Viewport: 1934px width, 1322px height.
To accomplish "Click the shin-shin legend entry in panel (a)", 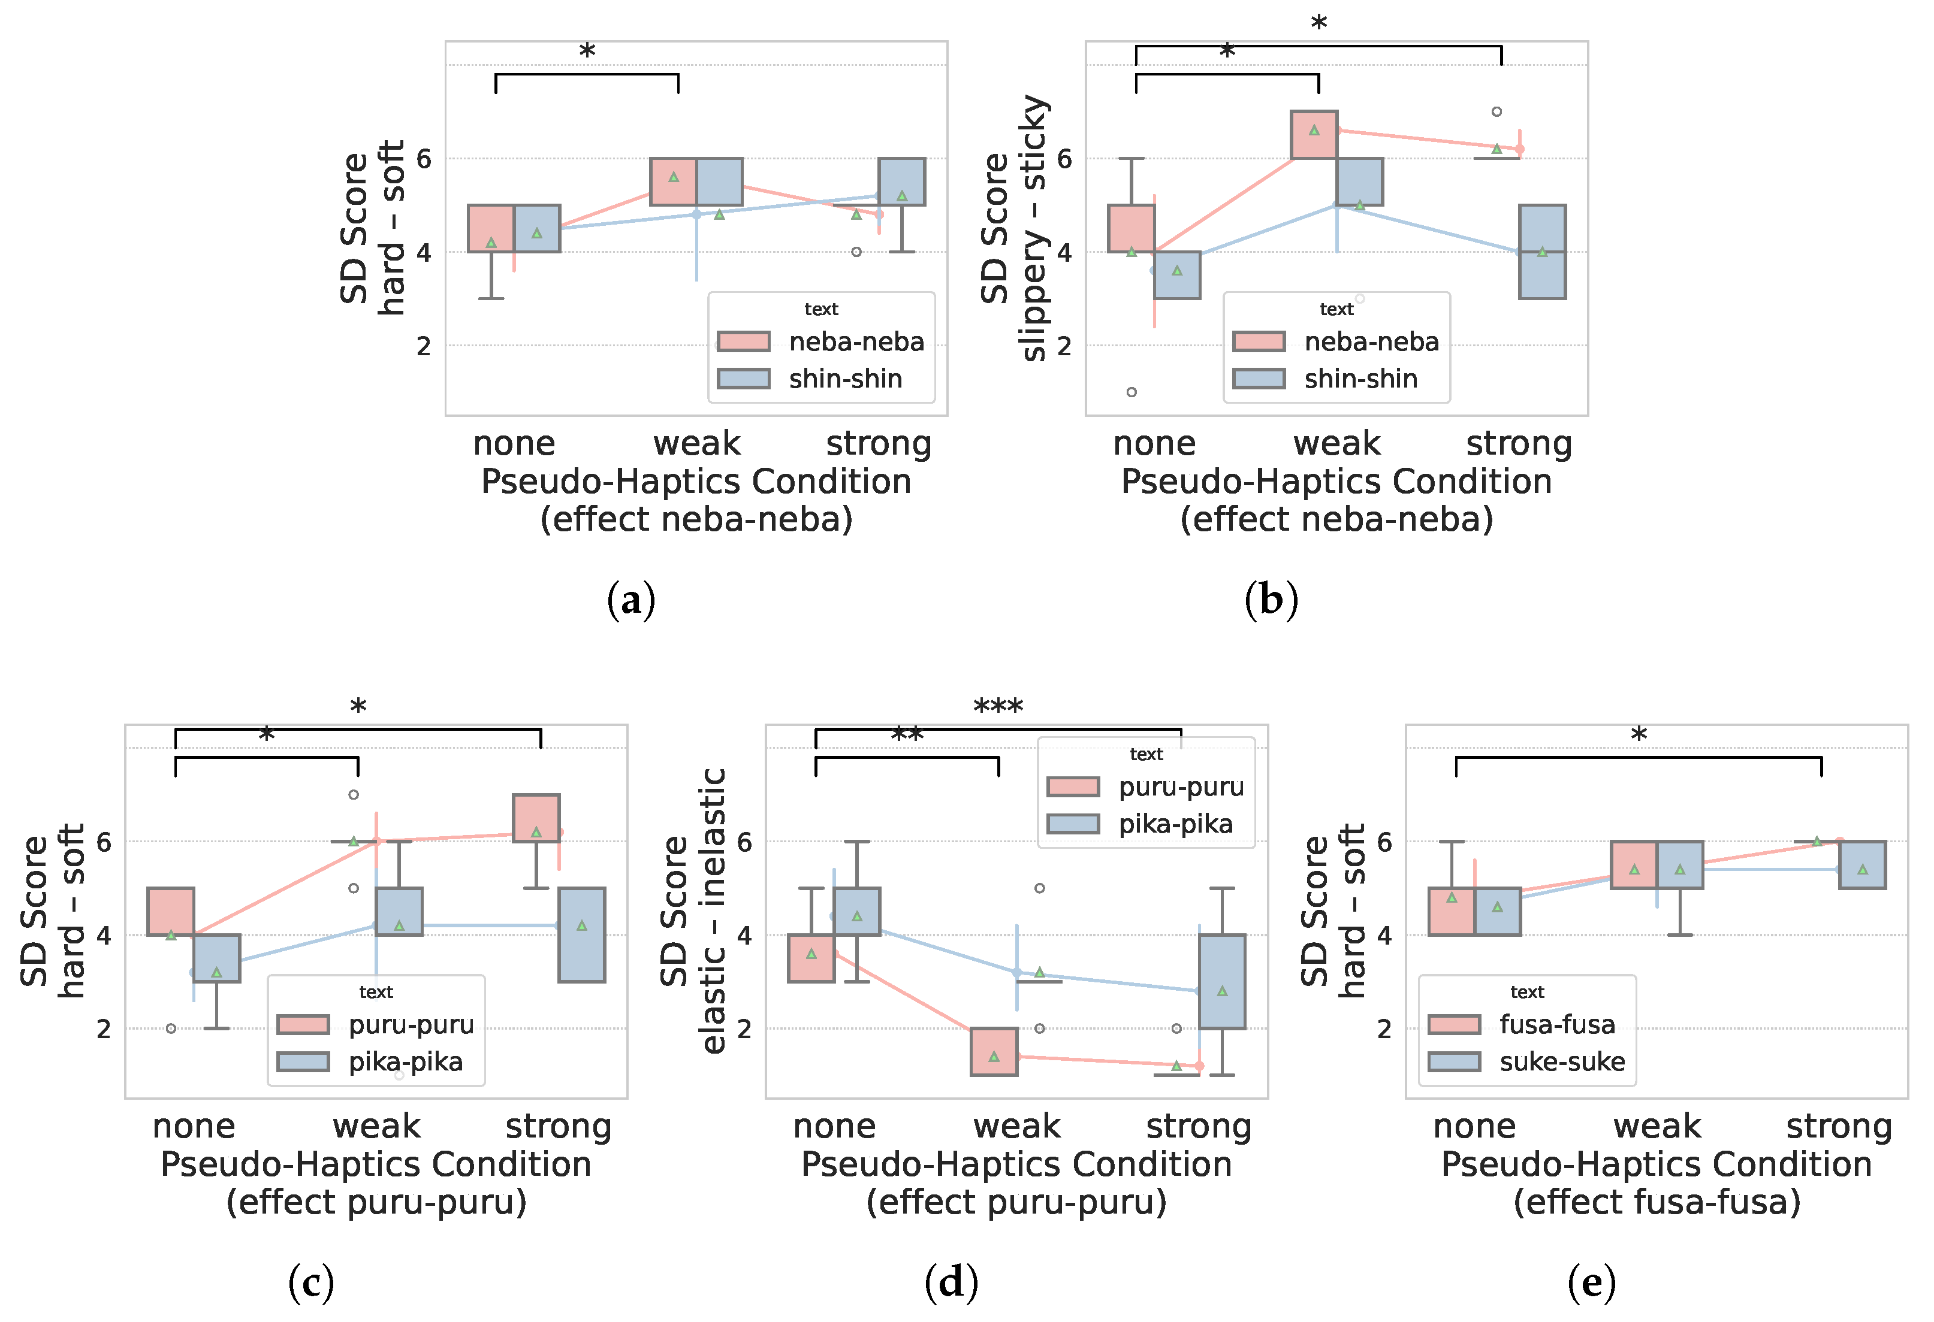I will [844, 379].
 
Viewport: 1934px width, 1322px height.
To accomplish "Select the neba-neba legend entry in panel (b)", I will [1371, 342].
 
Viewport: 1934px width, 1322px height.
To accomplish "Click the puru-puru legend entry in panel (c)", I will [411, 1025].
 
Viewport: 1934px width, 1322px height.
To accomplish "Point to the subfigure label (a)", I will [631, 600].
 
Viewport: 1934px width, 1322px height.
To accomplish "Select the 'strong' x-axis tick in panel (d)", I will [1199, 1127].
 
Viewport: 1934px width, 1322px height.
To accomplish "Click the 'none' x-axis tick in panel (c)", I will [194, 1127].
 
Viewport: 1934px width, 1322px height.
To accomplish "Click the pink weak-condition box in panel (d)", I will [994, 1052].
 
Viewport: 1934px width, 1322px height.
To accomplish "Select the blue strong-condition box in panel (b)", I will [1542, 252].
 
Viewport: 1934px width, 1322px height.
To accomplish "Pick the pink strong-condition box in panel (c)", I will [536, 818].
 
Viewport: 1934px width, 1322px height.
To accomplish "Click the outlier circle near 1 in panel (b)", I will [1132, 392].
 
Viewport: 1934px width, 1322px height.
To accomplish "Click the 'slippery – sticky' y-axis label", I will [1034, 229].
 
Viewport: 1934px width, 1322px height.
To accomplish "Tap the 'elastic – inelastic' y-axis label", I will [714, 911].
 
